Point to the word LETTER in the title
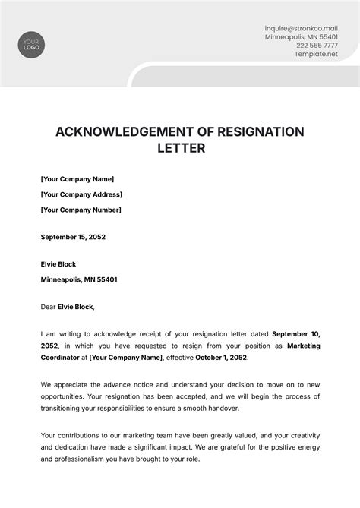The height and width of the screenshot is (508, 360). tap(180, 149)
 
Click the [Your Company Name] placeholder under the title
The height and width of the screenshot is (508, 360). tap(77, 178)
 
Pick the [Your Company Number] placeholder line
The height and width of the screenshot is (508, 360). tap(81, 210)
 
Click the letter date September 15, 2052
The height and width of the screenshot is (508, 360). tap(73, 237)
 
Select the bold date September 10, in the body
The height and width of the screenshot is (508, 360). tap(295, 333)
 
